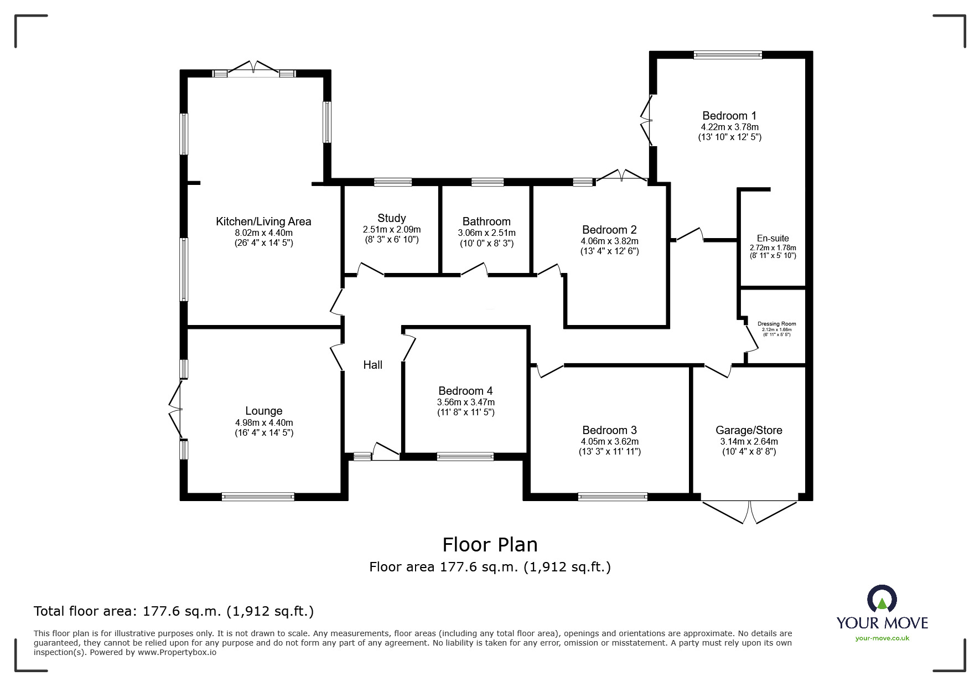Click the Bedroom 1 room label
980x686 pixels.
[729, 116]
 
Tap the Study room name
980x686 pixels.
[391, 218]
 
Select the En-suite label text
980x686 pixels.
[772, 238]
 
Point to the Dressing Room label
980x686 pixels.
[776, 324]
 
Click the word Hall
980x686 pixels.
[372, 365]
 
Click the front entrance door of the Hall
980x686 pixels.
[386, 451]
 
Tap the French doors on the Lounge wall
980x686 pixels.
[175, 410]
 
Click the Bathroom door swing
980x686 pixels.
[475, 270]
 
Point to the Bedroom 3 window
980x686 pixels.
[612, 497]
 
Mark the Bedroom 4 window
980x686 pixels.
[465, 457]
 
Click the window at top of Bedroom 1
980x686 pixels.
[728, 55]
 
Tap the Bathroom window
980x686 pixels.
[488, 182]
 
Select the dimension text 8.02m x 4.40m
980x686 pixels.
[263, 233]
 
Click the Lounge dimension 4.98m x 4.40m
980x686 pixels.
[263, 422]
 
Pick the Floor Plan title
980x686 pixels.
[490, 545]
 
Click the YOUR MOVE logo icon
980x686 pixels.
[881, 599]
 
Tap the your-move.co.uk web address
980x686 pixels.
[882, 638]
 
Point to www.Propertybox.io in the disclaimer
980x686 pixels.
[177, 652]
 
